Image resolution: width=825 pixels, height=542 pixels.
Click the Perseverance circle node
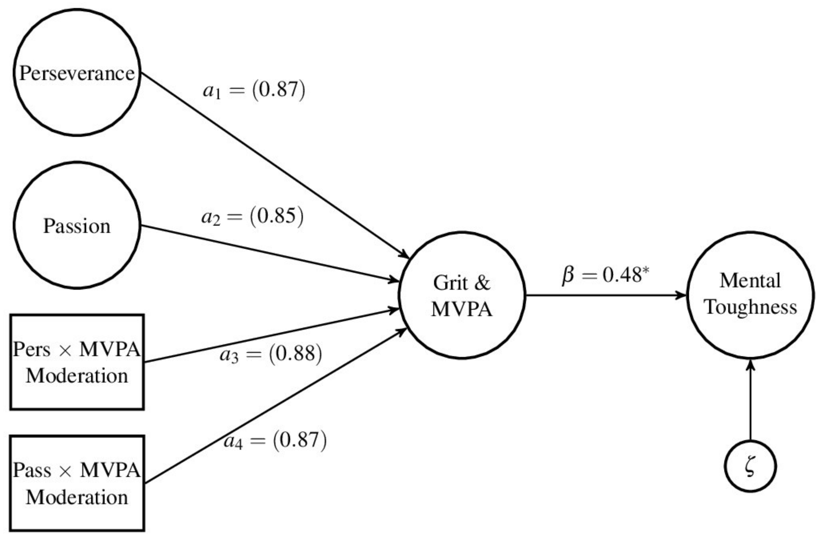77,73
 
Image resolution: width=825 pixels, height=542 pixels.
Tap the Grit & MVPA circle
462,296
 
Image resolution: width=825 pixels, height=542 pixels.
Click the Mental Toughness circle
750,295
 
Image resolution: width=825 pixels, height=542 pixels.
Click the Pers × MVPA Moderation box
77,362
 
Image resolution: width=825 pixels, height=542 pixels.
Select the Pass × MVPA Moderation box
77,483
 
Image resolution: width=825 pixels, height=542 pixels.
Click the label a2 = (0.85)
252,217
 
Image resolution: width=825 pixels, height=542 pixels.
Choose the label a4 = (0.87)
275,441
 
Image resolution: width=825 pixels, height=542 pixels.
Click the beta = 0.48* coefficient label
605,276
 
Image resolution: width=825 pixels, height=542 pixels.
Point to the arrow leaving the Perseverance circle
274,165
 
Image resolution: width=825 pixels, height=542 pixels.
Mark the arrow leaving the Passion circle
270,253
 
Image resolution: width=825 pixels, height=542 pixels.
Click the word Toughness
751,307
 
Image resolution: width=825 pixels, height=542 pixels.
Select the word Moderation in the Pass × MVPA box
77,497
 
